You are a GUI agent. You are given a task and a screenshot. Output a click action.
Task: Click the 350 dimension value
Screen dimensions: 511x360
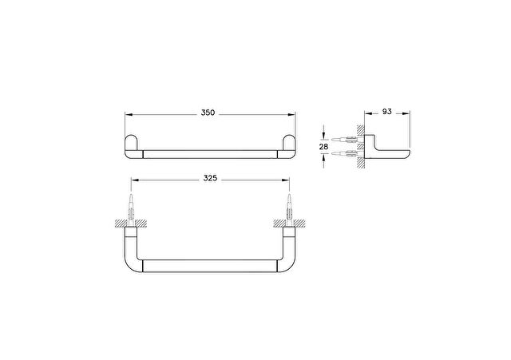208,113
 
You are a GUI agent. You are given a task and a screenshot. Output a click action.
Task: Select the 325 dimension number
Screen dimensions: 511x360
210,178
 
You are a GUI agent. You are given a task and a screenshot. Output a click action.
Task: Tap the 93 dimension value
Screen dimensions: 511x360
386,112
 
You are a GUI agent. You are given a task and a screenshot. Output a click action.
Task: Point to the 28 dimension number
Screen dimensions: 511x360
323,147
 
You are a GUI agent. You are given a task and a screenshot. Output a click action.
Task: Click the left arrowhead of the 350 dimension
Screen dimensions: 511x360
129,115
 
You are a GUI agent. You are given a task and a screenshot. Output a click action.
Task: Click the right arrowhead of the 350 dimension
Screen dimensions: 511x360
291,115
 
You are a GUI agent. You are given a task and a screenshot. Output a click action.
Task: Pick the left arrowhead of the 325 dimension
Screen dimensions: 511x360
135,180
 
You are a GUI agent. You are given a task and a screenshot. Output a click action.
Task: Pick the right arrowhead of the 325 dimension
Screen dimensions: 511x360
286,180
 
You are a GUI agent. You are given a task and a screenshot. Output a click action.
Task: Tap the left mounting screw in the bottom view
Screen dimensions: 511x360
131,210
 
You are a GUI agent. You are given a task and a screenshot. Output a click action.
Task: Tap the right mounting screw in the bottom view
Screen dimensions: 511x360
289,210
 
